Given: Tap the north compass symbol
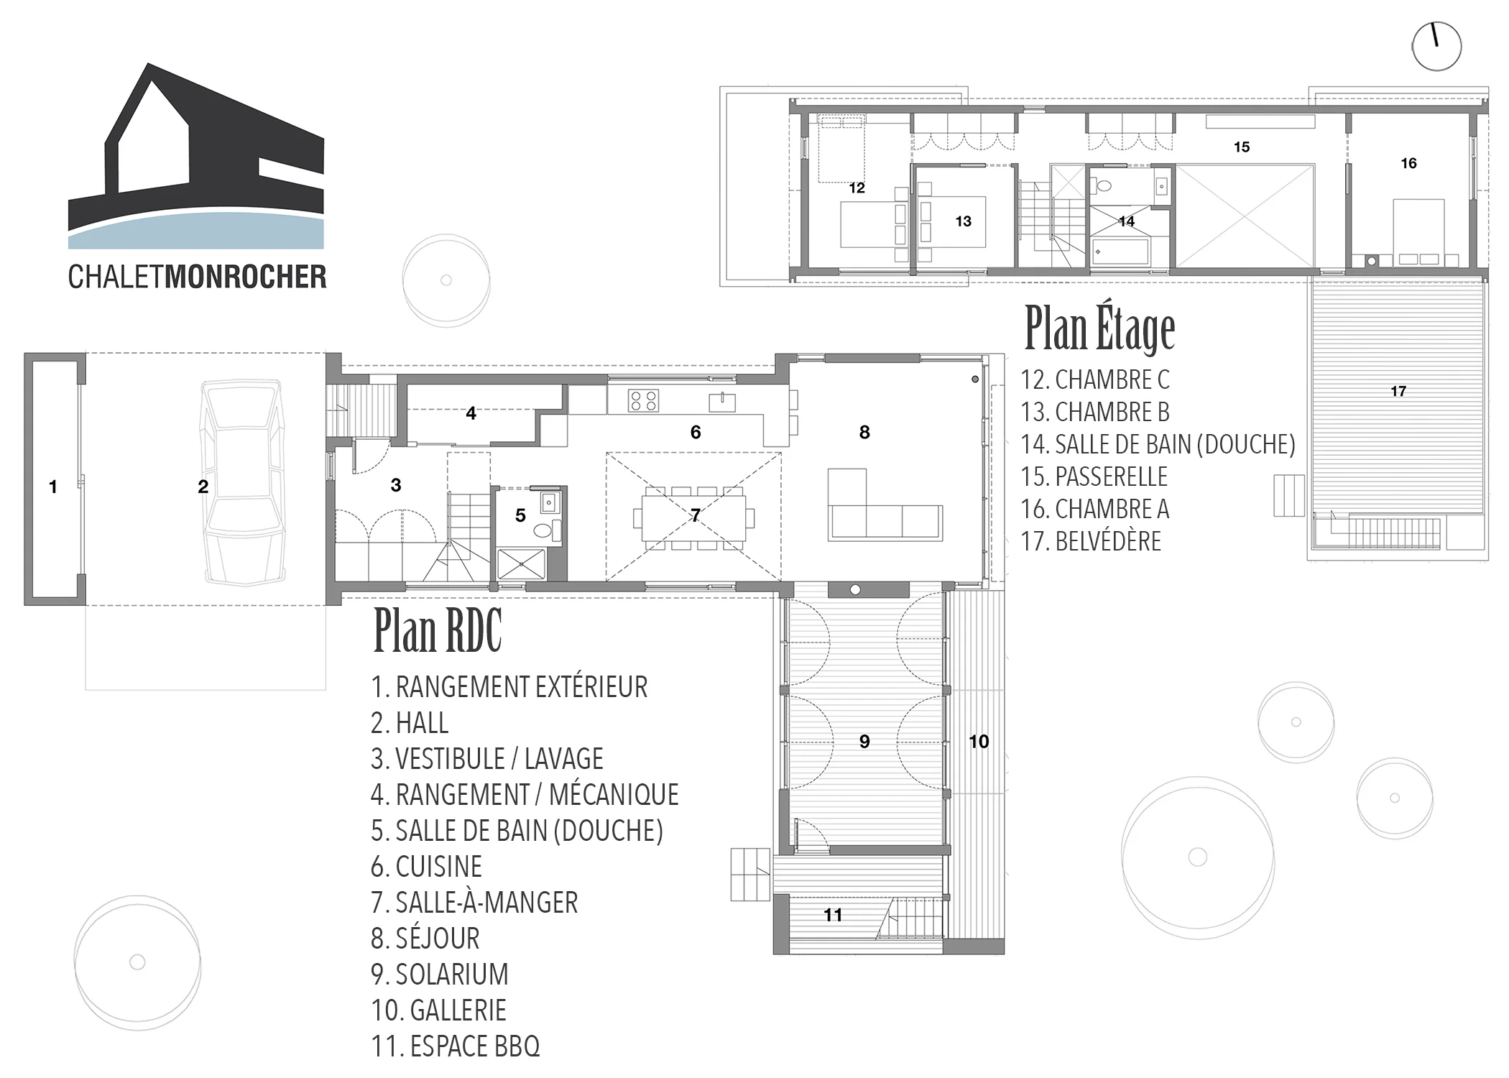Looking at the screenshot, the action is [x=1436, y=47].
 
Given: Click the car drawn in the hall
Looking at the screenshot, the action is [x=241, y=483].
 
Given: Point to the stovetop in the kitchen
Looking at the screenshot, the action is [x=643, y=400].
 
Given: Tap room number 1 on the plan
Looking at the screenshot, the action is [x=52, y=487].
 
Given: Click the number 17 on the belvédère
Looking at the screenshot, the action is [x=1398, y=391].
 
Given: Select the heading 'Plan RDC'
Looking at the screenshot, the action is [x=438, y=630].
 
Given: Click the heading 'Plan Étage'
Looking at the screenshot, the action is [x=1099, y=328].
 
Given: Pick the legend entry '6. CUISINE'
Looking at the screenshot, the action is [x=426, y=867].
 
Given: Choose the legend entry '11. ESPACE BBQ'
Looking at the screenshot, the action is [x=455, y=1046].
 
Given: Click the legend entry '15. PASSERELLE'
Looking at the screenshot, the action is [x=1094, y=476].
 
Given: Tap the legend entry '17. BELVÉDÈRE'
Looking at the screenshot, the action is [x=1091, y=541].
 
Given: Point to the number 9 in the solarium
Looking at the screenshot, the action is [x=864, y=741].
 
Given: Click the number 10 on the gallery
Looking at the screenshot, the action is [x=979, y=741].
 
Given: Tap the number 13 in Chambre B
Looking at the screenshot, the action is [x=963, y=221].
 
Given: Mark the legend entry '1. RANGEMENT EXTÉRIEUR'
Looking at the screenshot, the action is [x=509, y=687].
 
